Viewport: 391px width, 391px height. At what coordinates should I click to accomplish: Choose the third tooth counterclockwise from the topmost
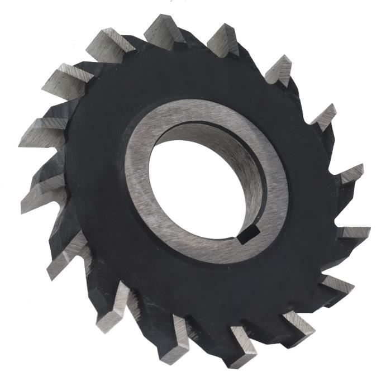click(42, 132)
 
